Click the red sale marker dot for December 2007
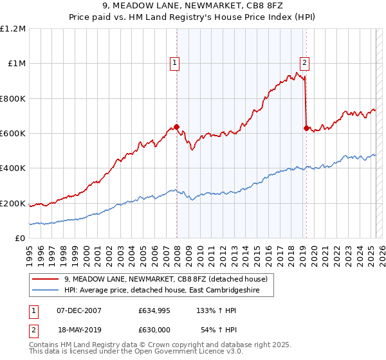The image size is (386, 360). click(176, 127)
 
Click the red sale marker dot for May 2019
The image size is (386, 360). click(306, 128)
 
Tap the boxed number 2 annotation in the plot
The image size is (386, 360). click(304, 63)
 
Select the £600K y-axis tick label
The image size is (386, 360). click(13, 134)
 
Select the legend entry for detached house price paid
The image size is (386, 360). click(170, 279)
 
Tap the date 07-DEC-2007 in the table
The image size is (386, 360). click(79, 310)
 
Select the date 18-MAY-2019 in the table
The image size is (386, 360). click(79, 330)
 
